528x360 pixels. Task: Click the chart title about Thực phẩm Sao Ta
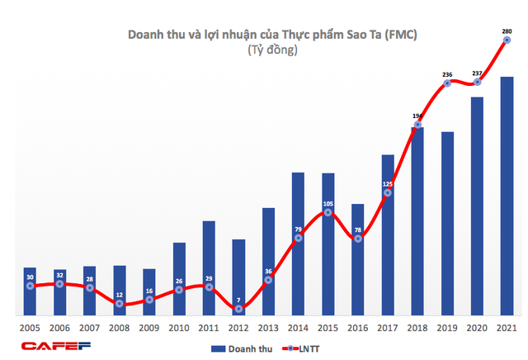(264, 35)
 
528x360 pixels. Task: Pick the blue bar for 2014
(299, 244)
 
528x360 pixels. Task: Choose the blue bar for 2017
(388, 234)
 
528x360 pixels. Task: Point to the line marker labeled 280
(507, 40)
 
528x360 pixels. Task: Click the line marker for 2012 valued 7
(238, 309)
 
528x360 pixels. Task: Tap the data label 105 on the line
(328, 203)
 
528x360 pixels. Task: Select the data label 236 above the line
(448, 74)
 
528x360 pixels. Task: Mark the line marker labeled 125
(388, 193)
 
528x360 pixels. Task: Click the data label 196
(417, 116)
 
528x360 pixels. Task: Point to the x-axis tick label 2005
(30, 328)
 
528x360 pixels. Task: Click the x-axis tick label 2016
(358, 328)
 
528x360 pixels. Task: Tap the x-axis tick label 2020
(478, 328)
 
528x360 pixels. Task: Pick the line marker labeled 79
(299, 238)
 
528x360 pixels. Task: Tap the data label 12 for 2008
(120, 295)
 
